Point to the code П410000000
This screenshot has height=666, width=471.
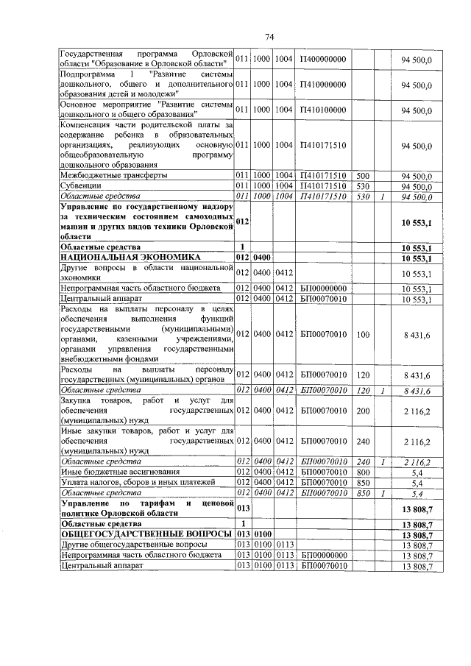coord(323,85)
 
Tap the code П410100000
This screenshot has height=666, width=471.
coord(323,111)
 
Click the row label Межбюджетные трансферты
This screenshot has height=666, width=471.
coord(113,176)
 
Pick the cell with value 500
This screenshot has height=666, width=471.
coord(362,176)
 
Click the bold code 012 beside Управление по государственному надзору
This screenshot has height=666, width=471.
coord(244,222)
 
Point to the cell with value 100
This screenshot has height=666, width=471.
coord(362,334)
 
